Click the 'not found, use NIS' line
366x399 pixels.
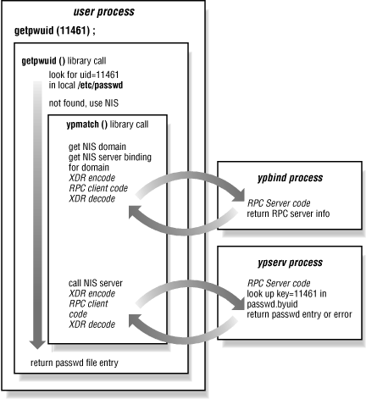(74, 105)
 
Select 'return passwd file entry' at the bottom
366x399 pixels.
(88, 363)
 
